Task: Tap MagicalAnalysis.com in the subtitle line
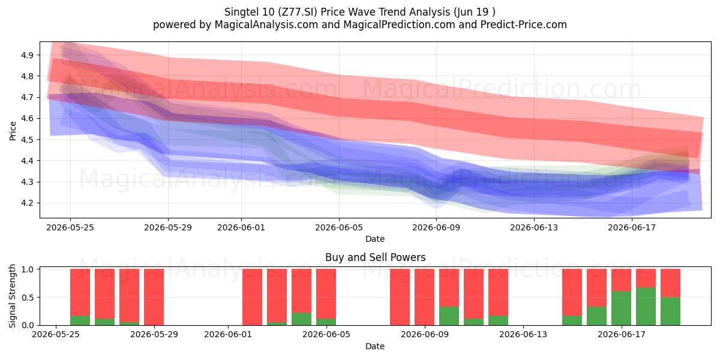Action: pos(266,25)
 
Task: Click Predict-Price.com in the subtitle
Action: pos(524,25)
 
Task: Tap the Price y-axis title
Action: pos(13,131)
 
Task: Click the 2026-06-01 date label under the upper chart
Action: pos(241,227)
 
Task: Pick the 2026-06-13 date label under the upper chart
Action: pos(534,227)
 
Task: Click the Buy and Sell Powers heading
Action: pos(375,257)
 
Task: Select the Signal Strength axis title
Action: pos(12,296)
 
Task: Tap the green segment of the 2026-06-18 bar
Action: pos(646,307)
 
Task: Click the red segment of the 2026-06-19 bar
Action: pos(671,283)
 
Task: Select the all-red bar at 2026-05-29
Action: pos(154,297)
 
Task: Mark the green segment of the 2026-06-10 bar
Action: pos(449,316)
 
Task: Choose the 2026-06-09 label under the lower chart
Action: pos(425,335)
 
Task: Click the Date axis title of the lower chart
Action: pos(375,346)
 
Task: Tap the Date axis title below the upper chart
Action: pos(375,239)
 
